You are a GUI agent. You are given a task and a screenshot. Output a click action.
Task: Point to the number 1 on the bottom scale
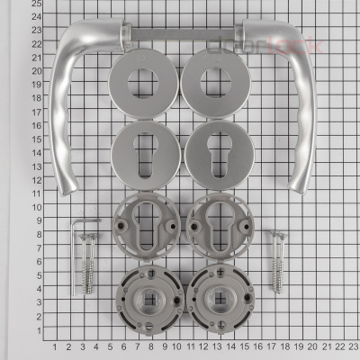55,346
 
